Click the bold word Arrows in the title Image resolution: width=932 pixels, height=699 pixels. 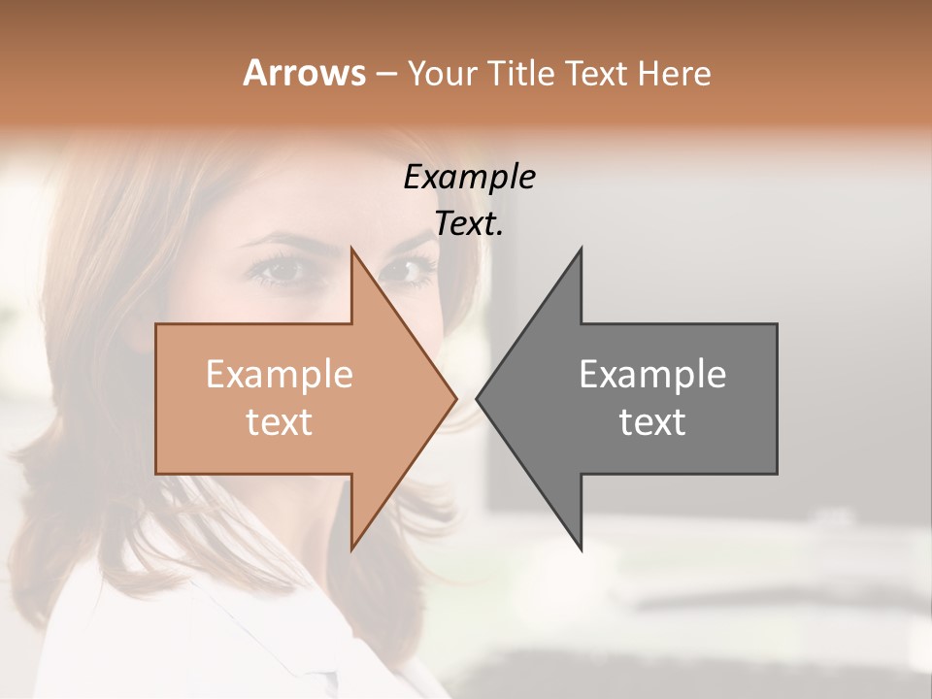tap(304, 73)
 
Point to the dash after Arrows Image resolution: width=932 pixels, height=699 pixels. tap(385, 75)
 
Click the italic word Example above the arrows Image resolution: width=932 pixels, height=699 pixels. tap(469, 178)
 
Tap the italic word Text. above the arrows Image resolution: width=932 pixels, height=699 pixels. tap(469, 224)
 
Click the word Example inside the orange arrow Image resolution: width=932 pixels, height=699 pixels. tap(280, 375)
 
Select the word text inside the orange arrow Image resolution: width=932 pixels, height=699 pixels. tap(280, 422)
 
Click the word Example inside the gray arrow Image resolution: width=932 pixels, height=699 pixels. tap(652, 375)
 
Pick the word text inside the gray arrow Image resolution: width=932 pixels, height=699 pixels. tap(652, 422)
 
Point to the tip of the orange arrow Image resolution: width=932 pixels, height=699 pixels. tap(456, 398)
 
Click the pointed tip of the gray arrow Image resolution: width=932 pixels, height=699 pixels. tap(477, 398)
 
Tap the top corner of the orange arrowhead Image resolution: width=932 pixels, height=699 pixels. tap(351, 249)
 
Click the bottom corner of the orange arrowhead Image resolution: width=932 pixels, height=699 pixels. tap(351, 549)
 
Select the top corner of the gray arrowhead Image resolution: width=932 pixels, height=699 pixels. tap(581, 249)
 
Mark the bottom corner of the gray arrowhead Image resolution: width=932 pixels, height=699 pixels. tap(581, 549)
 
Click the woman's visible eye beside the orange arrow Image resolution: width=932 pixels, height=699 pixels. tap(280, 271)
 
